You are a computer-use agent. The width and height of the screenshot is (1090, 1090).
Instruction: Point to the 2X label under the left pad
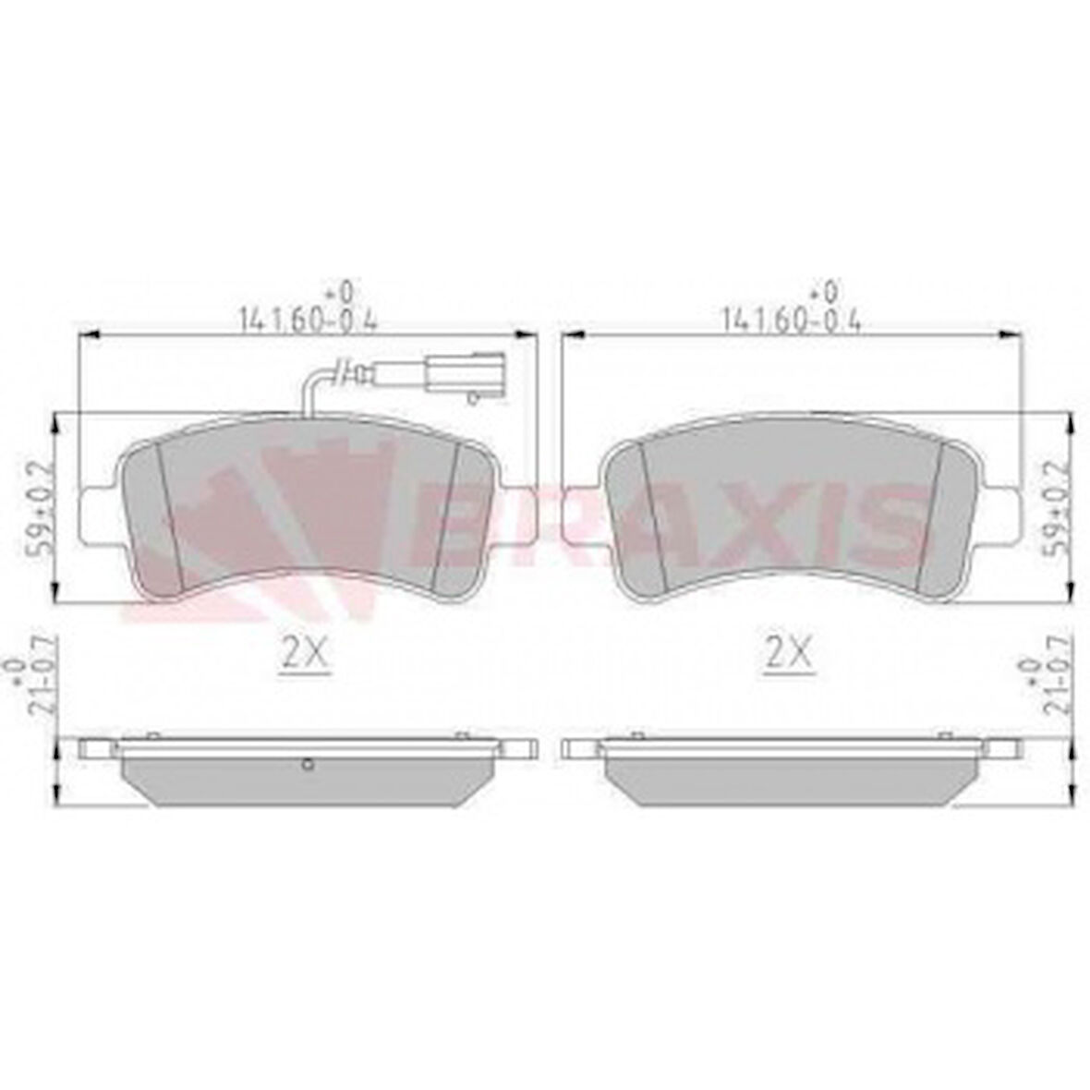point(305,655)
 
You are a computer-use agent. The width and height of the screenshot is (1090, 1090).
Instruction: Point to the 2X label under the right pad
point(787,655)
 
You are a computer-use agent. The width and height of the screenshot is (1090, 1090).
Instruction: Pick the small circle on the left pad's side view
point(309,763)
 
